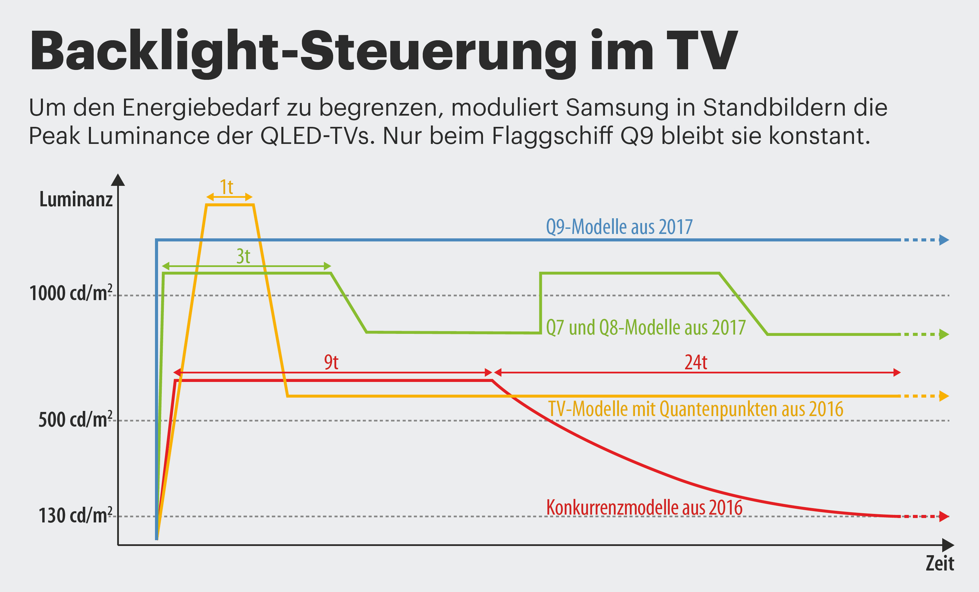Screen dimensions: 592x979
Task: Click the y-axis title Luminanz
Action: click(x=76, y=199)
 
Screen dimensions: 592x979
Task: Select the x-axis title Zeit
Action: click(x=939, y=563)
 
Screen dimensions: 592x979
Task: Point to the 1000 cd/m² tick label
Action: click(x=71, y=293)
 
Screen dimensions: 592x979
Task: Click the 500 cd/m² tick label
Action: click(x=75, y=420)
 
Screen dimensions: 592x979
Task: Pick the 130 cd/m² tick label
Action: click(x=75, y=516)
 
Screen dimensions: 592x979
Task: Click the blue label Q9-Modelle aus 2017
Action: click(x=619, y=227)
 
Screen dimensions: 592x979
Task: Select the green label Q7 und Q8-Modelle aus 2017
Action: click(x=646, y=328)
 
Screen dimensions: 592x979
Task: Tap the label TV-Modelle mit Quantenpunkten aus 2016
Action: click(x=695, y=409)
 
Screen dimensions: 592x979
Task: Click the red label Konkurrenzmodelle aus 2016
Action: click(x=644, y=508)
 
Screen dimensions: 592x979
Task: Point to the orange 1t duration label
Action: click(x=227, y=187)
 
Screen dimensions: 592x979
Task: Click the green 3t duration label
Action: click(x=243, y=257)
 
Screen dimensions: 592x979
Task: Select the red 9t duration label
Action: click(x=331, y=362)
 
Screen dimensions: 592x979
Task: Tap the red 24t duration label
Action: click(x=696, y=362)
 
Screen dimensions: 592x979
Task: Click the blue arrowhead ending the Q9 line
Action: click(x=944, y=240)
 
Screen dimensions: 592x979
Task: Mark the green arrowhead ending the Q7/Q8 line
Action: click(x=944, y=334)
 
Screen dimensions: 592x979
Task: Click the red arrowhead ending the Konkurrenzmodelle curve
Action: click(x=944, y=517)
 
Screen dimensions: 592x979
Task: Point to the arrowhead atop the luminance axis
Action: click(x=118, y=180)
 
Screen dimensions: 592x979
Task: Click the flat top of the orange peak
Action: click(x=230, y=205)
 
